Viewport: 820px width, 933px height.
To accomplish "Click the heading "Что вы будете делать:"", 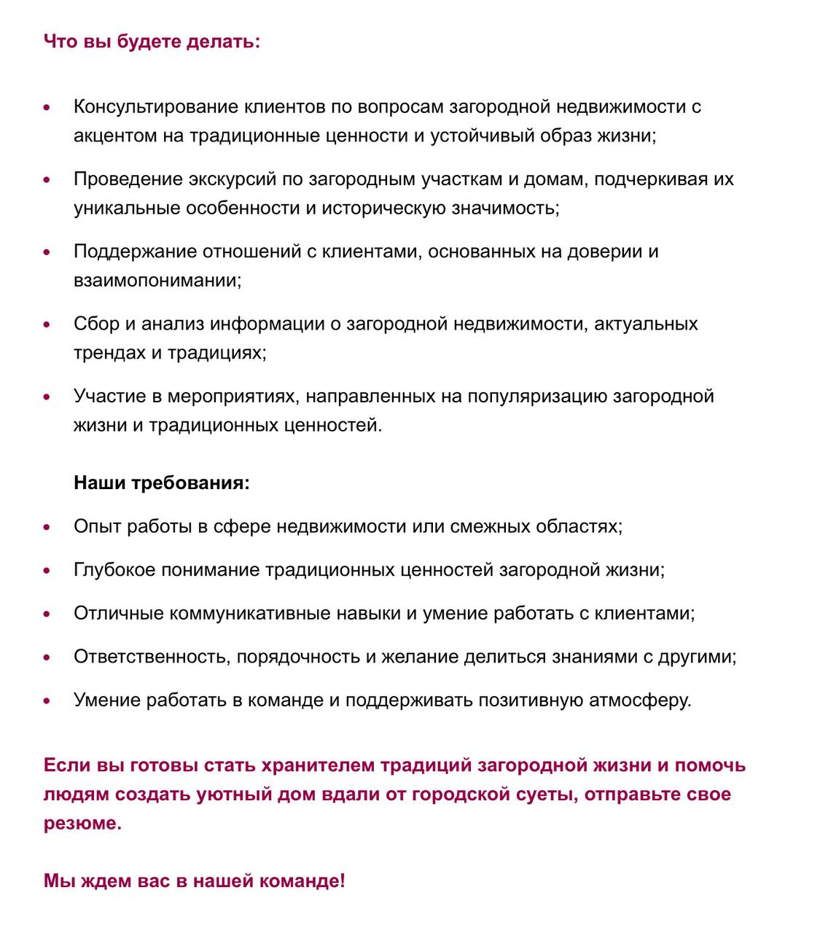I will click(x=152, y=41).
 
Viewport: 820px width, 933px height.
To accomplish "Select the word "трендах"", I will click(x=109, y=353).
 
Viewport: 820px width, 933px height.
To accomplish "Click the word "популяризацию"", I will click(x=537, y=397).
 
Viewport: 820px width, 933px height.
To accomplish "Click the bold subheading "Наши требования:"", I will click(x=161, y=483).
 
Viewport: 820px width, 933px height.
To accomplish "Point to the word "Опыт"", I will click(x=97, y=526).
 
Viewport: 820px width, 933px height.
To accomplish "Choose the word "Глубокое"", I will click(x=114, y=570).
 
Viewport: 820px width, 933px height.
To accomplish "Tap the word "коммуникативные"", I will click(x=249, y=613).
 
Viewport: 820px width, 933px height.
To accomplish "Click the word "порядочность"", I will click(x=298, y=657).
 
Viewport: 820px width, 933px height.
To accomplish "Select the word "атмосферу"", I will click(x=639, y=700).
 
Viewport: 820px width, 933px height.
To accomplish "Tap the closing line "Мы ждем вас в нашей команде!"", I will click(x=194, y=881).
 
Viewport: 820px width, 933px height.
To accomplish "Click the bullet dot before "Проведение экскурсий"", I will click(x=47, y=179).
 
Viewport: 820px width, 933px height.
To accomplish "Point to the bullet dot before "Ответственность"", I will click(x=47, y=657).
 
